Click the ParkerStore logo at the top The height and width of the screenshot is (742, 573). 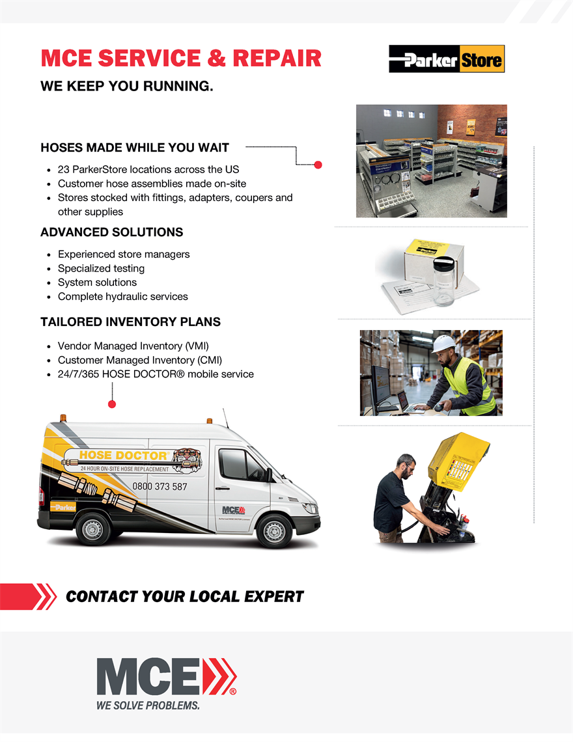coord(447,59)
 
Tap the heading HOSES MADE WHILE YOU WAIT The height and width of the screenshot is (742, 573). coord(135,148)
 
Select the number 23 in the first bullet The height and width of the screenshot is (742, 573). coord(64,169)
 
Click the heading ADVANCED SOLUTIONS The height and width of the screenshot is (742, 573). coord(112,232)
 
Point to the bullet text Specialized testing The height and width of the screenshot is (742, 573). coord(101,268)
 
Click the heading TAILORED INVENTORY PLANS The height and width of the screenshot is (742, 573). coord(130,322)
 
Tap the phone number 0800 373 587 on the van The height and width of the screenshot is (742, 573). coord(160,486)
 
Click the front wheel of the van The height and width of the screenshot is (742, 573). coord(274,530)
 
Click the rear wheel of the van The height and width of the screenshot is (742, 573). coord(93,529)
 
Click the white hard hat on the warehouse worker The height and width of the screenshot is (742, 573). coord(443,344)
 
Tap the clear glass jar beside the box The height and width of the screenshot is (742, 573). coord(443,281)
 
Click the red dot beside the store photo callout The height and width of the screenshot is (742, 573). coord(318,165)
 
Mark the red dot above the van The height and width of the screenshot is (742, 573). coord(112,404)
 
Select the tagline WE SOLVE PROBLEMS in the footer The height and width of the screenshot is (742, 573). coord(148,706)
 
